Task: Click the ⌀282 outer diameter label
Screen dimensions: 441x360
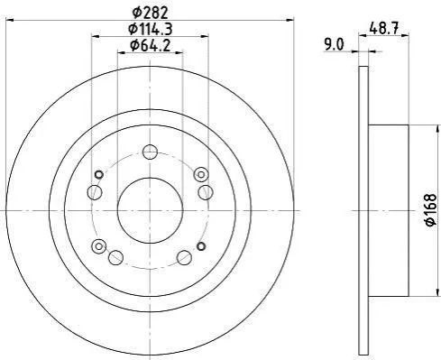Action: pos(150,13)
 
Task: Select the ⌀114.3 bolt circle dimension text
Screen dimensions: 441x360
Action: pos(150,29)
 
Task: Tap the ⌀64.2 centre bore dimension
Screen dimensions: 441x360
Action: pos(150,45)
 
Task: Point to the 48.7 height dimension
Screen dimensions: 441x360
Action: pos(384,29)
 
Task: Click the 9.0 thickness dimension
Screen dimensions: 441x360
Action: pos(334,45)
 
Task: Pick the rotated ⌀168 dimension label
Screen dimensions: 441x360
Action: pos(431,210)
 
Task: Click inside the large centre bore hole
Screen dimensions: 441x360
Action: pos(150,210)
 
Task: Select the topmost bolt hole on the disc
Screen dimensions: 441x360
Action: pos(150,152)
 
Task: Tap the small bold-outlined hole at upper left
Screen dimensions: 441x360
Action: pos(99,174)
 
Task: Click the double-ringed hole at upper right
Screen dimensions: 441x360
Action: pos(201,174)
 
